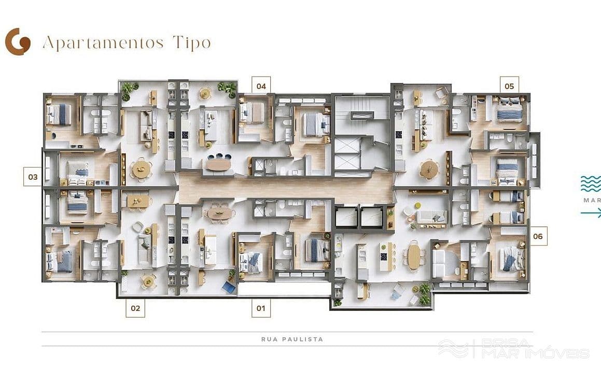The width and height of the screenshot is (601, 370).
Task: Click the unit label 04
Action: pyautogui.click(x=261, y=86)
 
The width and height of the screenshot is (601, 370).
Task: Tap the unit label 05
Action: pyautogui.click(x=509, y=86)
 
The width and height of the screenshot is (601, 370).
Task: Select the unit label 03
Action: pyautogui.click(x=33, y=177)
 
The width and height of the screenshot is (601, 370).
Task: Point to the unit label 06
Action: pyautogui.click(x=538, y=236)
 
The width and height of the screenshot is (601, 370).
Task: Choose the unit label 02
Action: pyautogui.click(x=135, y=308)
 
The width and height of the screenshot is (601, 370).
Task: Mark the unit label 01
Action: pyautogui.click(x=261, y=308)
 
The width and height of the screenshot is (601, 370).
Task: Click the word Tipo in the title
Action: pyautogui.click(x=192, y=43)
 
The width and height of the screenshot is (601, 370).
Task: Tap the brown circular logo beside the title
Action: pyautogui.click(x=18, y=42)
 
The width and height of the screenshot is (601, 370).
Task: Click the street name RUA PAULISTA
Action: pyautogui.click(x=292, y=339)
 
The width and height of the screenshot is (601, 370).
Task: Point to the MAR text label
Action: pyautogui.click(x=592, y=201)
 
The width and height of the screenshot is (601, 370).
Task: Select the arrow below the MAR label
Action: pyautogui.click(x=591, y=213)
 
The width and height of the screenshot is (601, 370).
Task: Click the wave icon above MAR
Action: pyautogui.click(x=591, y=184)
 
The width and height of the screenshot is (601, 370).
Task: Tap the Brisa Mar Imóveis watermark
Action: pyautogui.click(x=513, y=349)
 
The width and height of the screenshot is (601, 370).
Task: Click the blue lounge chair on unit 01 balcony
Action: pyautogui.click(x=229, y=287)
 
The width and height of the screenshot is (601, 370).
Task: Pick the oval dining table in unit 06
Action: pyautogui.click(x=414, y=256)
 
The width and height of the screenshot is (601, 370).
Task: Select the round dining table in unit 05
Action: pyautogui.click(x=429, y=169)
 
